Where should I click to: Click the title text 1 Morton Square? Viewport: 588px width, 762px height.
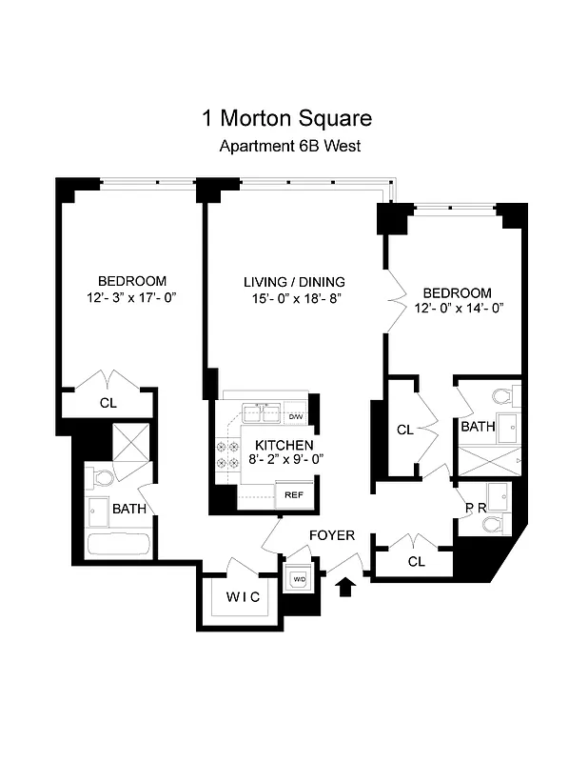click(x=286, y=119)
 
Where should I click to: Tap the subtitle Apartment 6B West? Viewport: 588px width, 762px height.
click(x=289, y=147)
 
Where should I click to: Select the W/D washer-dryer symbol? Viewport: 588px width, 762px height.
click(x=299, y=579)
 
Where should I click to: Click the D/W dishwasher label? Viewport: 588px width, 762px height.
click(x=296, y=417)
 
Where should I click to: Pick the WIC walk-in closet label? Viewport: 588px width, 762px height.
click(x=243, y=597)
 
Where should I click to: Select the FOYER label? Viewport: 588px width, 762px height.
click(x=332, y=536)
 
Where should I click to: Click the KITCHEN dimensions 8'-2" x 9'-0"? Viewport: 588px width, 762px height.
click(x=284, y=459)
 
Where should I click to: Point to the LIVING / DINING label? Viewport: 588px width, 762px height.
click(x=294, y=282)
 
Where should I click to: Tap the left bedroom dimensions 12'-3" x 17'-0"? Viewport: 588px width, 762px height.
click(x=131, y=298)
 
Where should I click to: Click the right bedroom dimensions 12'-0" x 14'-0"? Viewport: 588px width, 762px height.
click(x=458, y=308)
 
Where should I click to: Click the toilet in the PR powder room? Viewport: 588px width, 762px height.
click(x=492, y=524)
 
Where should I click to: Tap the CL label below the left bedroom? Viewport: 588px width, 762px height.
click(x=108, y=403)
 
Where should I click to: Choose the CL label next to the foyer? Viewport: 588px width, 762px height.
click(x=416, y=562)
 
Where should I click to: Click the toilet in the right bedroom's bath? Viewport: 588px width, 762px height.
click(x=501, y=395)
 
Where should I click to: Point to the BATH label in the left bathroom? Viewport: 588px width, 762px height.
click(x=129, y=510)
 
